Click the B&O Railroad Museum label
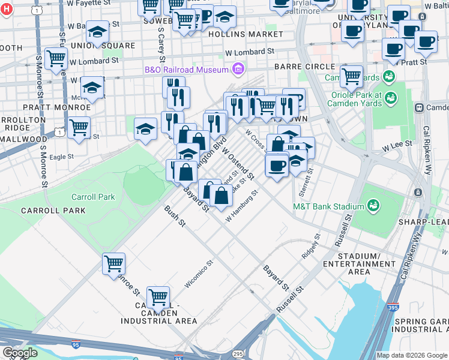[x=187, y=70]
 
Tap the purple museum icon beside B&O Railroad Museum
[x=238, y=70]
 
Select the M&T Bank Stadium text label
[x=328, y=206]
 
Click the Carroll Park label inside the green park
[x=92, y=197]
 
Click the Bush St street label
[x=175, y=217]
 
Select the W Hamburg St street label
[x=241, y=206]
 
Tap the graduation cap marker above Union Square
[x=97, y=31]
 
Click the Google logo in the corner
[x=20, y=352]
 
